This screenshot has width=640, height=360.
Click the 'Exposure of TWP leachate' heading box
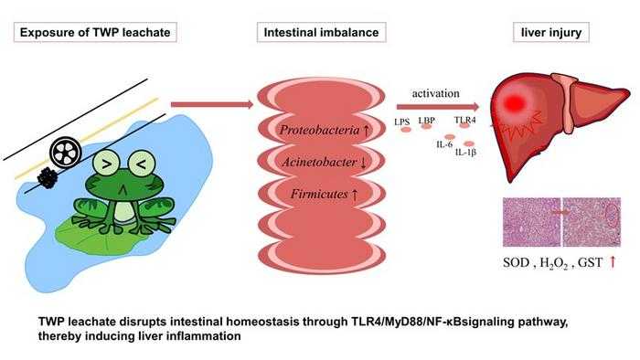[95, 32]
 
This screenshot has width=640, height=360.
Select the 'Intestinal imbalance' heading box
[321, 32]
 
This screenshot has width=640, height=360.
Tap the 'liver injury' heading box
[551, 32]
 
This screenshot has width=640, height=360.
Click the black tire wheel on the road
[66, 153]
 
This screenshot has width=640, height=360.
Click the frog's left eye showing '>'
[106, 164]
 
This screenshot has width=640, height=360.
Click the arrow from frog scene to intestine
[212, 105]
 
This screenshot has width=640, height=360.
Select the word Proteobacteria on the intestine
[319, 130]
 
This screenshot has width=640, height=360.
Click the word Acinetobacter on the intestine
[319, 163]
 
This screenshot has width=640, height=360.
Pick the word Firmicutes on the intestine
[319, 194]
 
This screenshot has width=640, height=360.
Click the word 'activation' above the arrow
[435, 93]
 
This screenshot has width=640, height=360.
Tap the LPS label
[402, 122]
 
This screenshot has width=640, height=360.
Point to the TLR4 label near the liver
[464, 121]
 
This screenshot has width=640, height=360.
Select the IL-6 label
[444, 144]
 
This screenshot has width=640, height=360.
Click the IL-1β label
[465, 153]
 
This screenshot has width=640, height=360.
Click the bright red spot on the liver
[514, 103]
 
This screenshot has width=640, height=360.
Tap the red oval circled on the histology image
[612, 215]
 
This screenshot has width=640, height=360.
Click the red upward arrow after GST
[613, 262]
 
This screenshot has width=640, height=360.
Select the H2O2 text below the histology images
[554, 263]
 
